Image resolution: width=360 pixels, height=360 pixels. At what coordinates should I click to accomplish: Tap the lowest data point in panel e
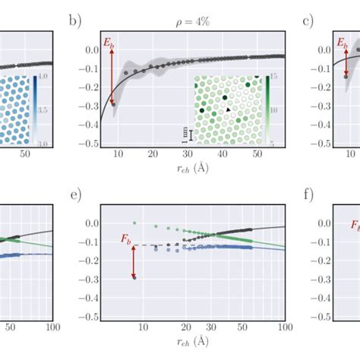click(113, 277)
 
